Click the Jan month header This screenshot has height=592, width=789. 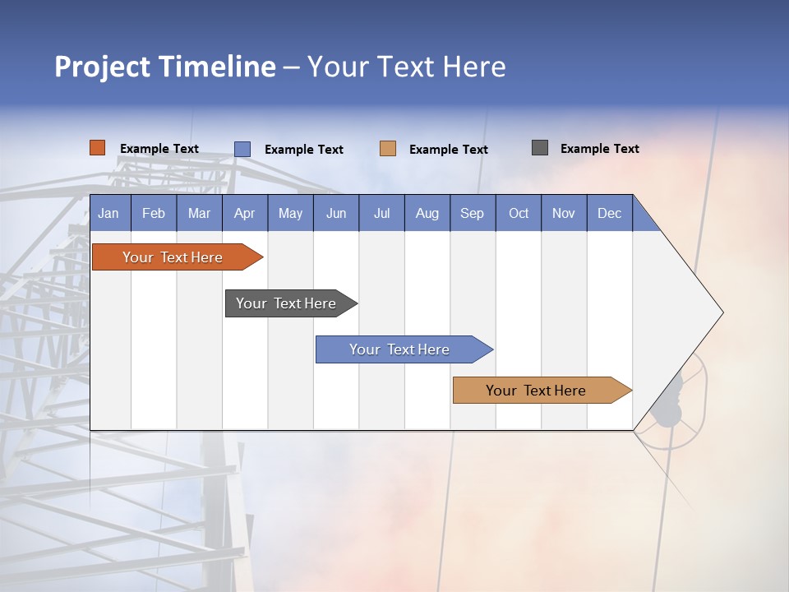(x=109, y=213)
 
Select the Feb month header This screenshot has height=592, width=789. (x=154, y=213)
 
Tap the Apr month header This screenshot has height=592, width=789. (x=245, y=213)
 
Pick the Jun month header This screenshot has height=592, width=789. (x=336, y=213)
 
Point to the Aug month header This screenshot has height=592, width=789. (x=427, y=213)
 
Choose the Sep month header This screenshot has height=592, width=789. (x=473, y=213)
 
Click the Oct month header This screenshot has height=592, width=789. (x=519, y=213)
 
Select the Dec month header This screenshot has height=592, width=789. (x=610, y=213)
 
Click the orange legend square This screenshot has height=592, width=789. (x=98, y=148)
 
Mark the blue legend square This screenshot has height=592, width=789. (x=242, y=149)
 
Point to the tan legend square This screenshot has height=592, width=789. (x=388, y=149)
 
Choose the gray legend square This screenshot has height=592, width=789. (x=540, y=148)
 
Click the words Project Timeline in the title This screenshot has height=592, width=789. (x=165, y=67)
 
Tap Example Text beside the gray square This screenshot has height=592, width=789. (x=599, y=149)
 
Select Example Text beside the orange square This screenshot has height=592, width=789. (x=159, y=149)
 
